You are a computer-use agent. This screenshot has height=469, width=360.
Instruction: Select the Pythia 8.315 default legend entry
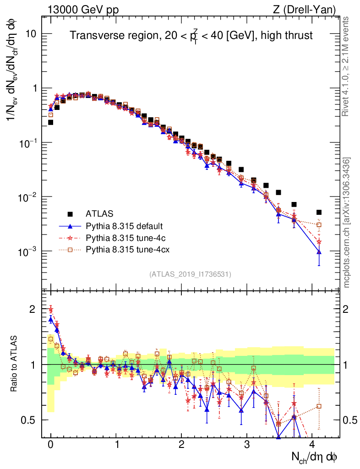125,226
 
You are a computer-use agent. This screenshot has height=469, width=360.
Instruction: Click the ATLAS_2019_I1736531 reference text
190,274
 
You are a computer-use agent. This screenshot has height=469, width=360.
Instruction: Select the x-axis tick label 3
247,444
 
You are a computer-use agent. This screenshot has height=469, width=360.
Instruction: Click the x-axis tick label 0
50,444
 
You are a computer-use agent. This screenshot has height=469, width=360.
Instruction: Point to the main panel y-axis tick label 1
33,88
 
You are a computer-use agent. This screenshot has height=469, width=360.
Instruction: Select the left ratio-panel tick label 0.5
28,420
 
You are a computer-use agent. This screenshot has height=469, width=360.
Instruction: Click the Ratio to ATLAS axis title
15,364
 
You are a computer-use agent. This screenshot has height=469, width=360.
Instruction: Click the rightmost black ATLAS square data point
319,212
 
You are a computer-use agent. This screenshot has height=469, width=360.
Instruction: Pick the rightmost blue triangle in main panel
319,252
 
